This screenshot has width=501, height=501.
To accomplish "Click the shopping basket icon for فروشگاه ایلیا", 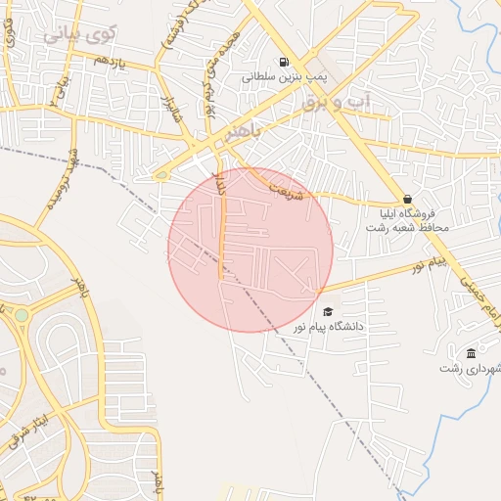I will point(407,199).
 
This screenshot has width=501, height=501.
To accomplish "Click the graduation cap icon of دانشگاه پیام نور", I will point(326,311).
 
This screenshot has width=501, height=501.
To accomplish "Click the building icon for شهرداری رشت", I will point(472,353).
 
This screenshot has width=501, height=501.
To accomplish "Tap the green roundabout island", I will point(21,316).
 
